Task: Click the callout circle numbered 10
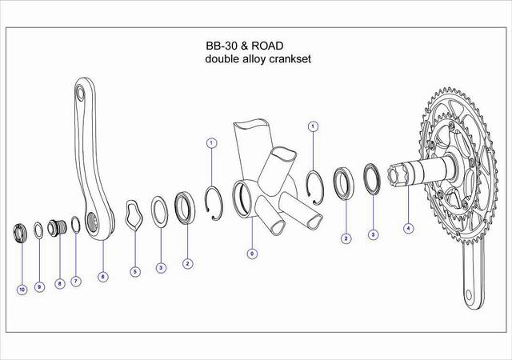tap(22, 290)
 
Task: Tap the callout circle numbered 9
tap(39, 287)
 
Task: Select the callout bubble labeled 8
tap(59, 284)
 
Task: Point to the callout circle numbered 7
tap(76, 282)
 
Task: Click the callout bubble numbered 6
tap(102, 277)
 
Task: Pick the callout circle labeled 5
tap(135, 271)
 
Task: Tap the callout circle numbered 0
tap(252, 254)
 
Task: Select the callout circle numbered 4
tap(408, 228)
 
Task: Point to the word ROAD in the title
tap(267, 46)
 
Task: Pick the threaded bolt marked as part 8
tap(58, 227)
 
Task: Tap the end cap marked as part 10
tap(20, 232)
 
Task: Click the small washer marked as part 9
tap(38, 230)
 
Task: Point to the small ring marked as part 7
tap(75, 225)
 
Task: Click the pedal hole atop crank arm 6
tap(79, 93)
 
